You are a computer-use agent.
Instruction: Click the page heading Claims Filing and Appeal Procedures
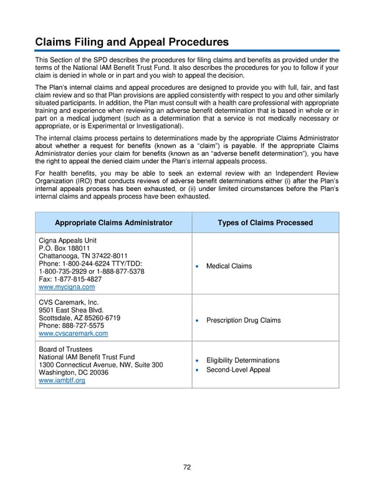click(132, 42)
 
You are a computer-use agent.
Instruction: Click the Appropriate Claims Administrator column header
click(113, 223)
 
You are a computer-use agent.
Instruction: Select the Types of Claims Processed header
click(265, 223)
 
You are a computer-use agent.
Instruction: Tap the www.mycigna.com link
click(67, 288)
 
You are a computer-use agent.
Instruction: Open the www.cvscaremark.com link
click(73, 334)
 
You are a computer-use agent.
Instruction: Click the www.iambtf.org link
click(62, 380)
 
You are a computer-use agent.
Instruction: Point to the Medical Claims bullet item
click(229, 266)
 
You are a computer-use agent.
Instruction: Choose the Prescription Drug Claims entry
click(243, 321)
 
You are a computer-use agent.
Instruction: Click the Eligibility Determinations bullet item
click(243, 361)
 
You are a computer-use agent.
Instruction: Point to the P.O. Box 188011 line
click(65, 248)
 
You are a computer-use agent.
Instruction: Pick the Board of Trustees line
click(65, 349)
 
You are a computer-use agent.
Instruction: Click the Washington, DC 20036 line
click(74, 372)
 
